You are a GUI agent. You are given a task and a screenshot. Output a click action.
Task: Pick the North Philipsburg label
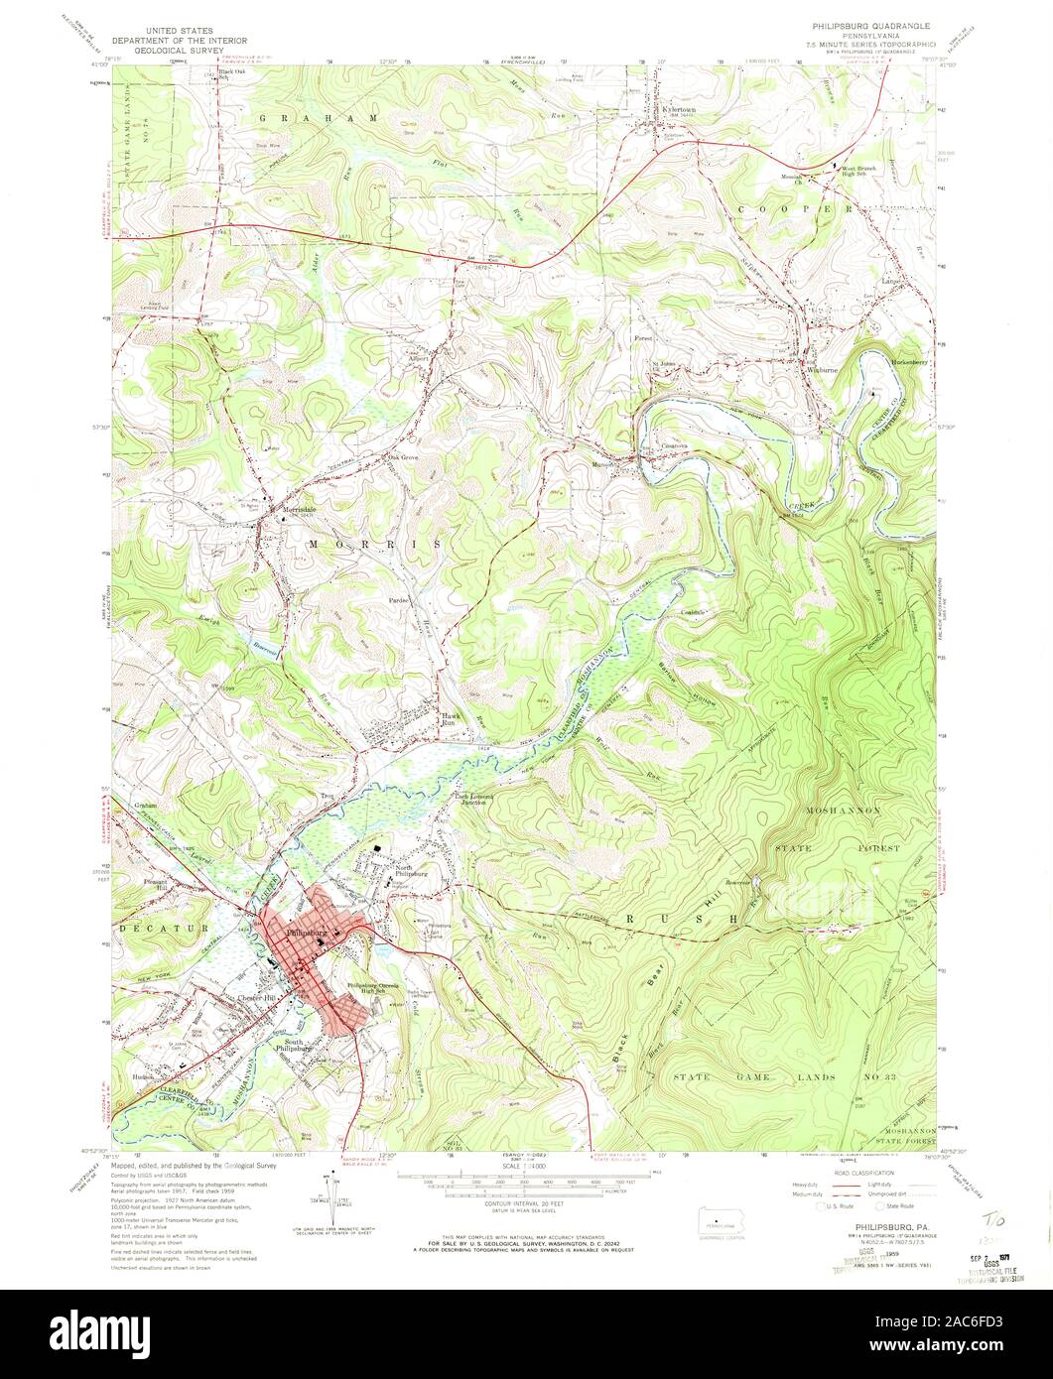(x=410, y=871)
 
